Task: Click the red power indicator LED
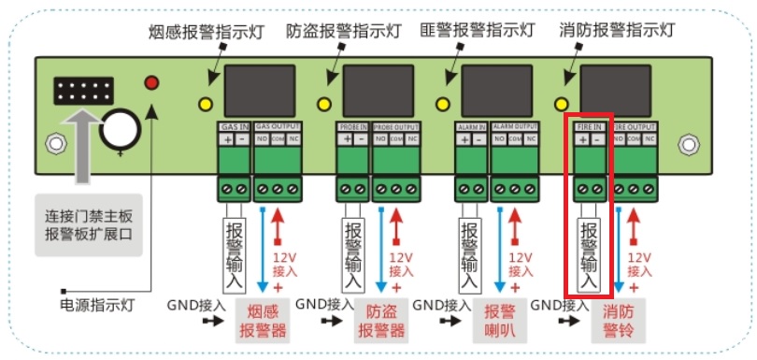[x=151, y=83]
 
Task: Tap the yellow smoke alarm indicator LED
[x=206, y=103]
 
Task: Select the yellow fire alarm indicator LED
[x=561, y=103]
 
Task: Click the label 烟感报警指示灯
[x=207, y=31]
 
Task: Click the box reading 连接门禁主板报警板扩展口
[x=89, y=224]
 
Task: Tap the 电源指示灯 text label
[x=98, y=304]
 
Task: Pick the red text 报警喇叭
[x=499, y=321]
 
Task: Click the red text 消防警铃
[x=619, y=321]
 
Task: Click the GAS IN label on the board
[x=234, y=125]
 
